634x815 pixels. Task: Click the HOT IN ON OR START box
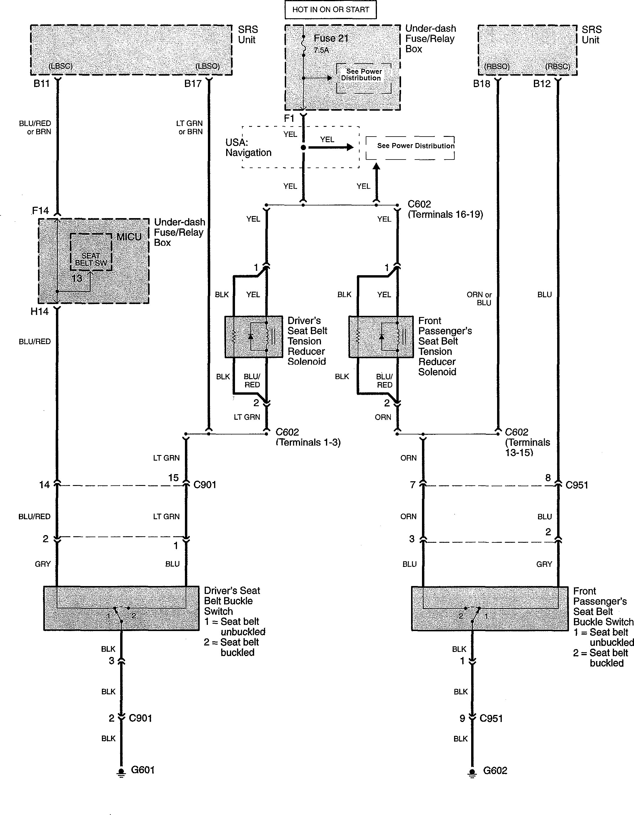(330, 10)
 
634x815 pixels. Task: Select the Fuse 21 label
(331, 39)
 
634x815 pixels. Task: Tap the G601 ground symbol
(121, 772)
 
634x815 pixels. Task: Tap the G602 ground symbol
(472, 772)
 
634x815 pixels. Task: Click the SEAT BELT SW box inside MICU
(91, 252)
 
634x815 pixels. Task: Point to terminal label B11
(42, 84)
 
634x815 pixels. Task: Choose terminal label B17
(193, 84)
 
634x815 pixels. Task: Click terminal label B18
(481, 84)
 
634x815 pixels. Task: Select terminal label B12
(542, 84)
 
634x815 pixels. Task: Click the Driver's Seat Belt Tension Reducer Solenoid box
(254, 337)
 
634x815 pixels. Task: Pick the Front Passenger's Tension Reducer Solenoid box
(381, 337)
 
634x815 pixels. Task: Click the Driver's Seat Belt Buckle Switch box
(121, 608)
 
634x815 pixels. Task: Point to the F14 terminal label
(40, 211)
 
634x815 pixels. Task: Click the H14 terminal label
(39, 312)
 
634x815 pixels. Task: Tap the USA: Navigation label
(248, 147)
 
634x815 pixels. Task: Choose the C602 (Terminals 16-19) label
(445, 209)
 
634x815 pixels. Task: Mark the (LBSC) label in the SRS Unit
(60, 66)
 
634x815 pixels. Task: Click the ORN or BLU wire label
(479, 298)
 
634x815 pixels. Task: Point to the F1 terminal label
(289, 119)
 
